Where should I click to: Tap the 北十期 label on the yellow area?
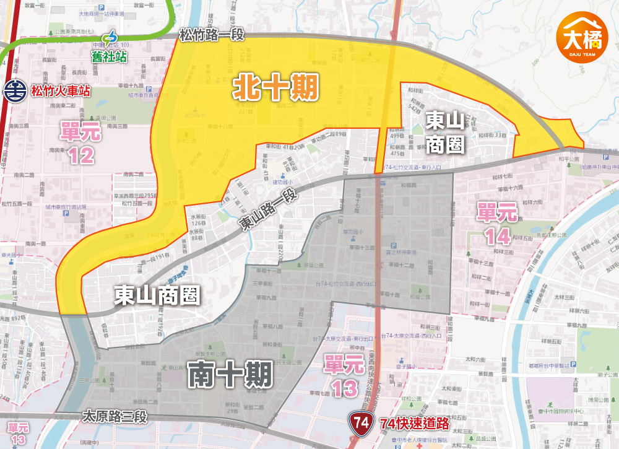(x=276, y=89)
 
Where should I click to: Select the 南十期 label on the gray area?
(x=230, y=374)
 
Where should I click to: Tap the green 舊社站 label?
(x=109, y=56)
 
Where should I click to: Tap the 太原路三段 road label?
(x=115, y=416)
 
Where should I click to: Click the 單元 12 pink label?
(x=81, y=142)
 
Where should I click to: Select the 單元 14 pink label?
(x=497, y=225)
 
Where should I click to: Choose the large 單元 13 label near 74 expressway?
(x=345, y=376)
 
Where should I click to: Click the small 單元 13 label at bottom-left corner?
(x=19, y=433)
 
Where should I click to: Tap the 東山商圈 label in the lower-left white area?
(x=157, y=296)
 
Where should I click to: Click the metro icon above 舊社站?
(x=110, y=40)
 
